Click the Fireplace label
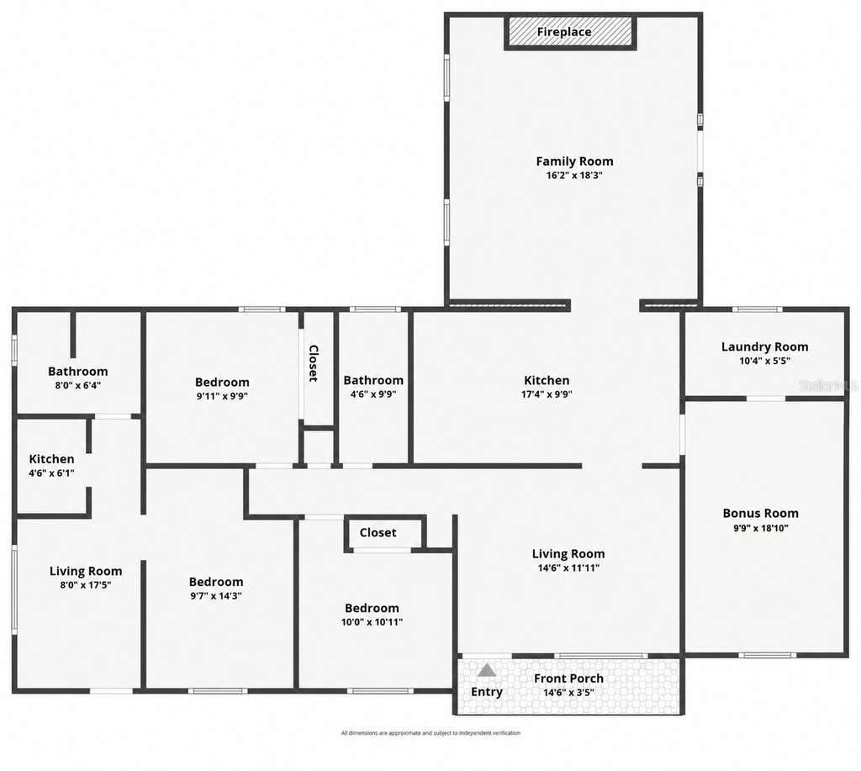(x=564, y=32)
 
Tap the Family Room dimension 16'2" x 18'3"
(x=574, y=176)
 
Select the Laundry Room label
(x=764, y=346)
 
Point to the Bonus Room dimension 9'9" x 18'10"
(x=760, y=528)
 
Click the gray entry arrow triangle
(x=487, y=670)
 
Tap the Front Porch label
(x=568, y=679)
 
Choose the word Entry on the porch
(x=487, y=692)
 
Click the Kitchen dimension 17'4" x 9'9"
(x=547, y=394)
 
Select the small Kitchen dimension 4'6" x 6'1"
(x=51, y=473)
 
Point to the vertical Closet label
(x=314, y=363)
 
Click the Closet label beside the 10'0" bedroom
(x=378, y=533)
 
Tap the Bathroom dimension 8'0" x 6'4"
(x=77, y=385)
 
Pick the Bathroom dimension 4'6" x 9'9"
(x=373, y=394)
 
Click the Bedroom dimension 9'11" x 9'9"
(x=222, y=396)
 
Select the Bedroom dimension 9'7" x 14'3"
(x=216, y=596)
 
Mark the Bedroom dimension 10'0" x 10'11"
(x=372, y=622)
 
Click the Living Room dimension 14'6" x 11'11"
(x=568, y=568)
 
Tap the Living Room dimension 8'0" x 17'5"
(x=86, y=585)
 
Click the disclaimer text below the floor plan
(x=430, y=733)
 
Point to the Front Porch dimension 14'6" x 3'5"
(x=568, y=693)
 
